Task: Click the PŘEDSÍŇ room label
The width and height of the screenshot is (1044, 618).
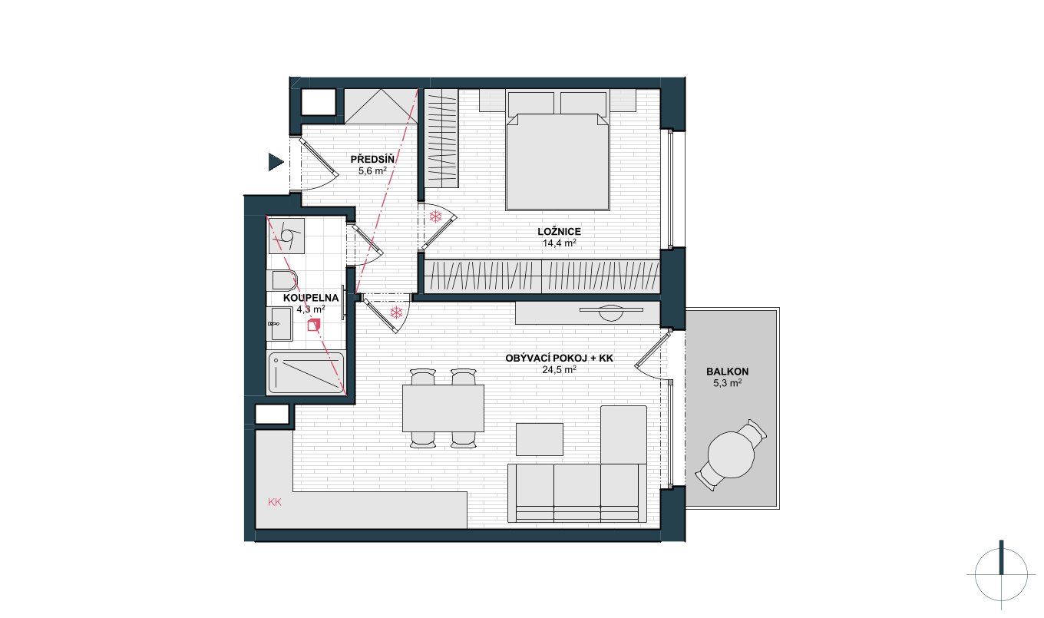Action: coord(372,160)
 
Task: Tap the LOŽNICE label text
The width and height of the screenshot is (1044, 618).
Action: coord(560,232)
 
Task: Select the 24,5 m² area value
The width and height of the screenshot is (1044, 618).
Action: coord(560,369)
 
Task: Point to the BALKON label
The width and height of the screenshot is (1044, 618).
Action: coord(728,372)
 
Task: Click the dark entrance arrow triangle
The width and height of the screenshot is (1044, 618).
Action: coord(276,162)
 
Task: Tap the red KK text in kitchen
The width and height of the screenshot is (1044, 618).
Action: coord(275,502)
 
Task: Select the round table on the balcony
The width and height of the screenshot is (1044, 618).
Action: coord(731,455)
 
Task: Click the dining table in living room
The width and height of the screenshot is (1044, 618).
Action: coord(443,408)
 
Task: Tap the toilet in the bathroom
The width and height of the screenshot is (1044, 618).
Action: coord(282,279)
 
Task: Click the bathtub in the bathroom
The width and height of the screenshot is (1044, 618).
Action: coord(306,373)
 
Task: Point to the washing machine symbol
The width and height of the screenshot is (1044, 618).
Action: coord(286,236)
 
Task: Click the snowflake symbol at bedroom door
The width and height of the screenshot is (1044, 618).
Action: coord(436,216)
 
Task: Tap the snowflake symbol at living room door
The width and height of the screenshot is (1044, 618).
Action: coord(396,312)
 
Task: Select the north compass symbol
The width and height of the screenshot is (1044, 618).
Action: coord(1001,575)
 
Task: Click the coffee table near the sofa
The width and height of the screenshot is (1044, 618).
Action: coord(539,439)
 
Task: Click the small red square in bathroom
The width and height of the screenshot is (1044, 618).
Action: coord(314,325)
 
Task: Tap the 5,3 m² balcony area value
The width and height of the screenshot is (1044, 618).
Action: coord(728,383)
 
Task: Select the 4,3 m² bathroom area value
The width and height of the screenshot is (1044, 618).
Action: coord(311,309)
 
